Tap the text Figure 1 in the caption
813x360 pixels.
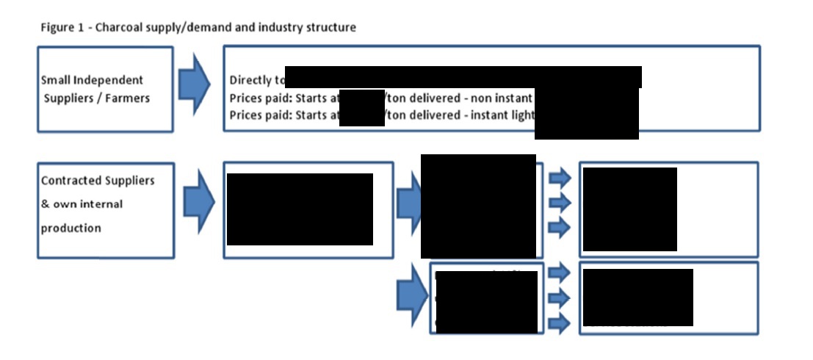click(x=59, y=28)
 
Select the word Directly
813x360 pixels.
click(x=251, y=80)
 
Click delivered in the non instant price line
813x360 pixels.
click(x=432, y=97)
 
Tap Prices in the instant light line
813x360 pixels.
click(x=246, y=115)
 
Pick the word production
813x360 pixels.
click(x=71, y=228)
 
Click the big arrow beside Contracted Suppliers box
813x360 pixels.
click(x=198, y=201)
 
